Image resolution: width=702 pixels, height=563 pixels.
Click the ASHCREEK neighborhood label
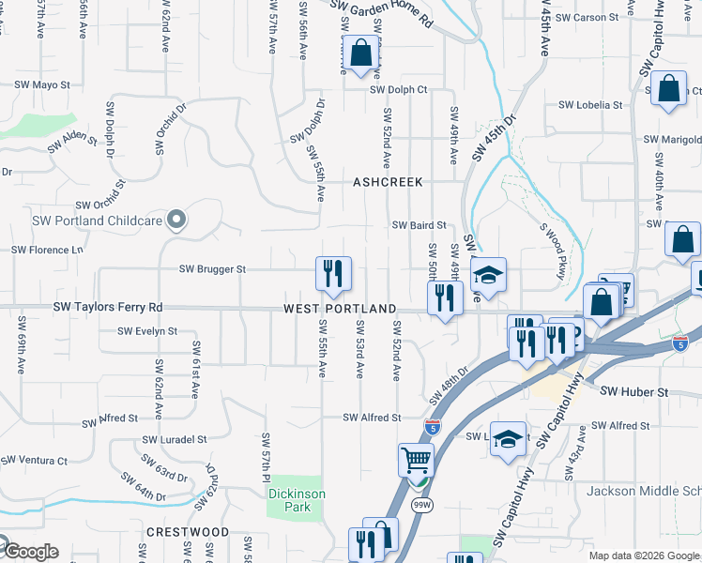[388, 182]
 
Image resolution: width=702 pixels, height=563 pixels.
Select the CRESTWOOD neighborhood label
[188, 532]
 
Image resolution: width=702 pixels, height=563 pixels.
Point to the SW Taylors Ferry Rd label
[107, 307]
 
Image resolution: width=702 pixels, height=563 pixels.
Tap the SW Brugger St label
[214, 269]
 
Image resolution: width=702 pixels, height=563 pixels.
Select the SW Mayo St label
[42, 84]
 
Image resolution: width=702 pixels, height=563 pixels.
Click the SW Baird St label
[419, 225]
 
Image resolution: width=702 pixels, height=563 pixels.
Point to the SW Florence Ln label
[47, 251]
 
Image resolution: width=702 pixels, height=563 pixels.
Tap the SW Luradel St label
[175, 439]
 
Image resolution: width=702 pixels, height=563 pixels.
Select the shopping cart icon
[416, 460]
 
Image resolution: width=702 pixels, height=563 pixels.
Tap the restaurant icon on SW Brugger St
[333, 274]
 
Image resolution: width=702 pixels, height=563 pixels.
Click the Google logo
[30, 552]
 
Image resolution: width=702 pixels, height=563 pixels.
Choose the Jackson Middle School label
[644, 491]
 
